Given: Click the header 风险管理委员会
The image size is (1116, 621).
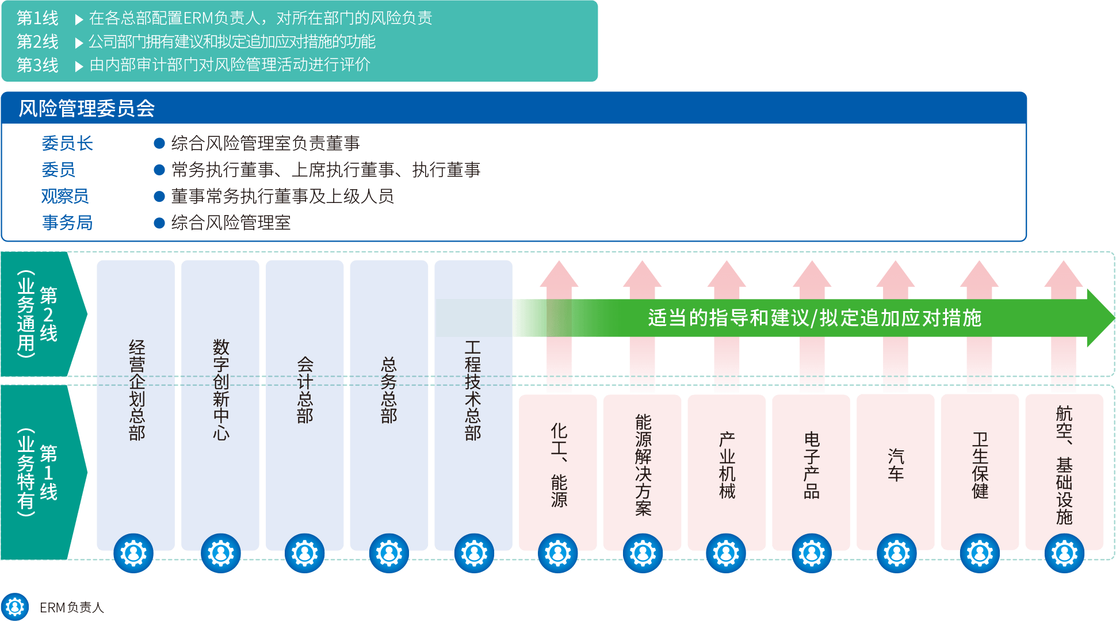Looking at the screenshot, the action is pos(87,108).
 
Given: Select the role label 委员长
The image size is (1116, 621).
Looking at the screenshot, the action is pos(67,143).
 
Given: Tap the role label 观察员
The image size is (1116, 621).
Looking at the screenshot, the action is pos(65,196).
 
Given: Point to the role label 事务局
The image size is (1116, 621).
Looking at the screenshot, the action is pos(67,223).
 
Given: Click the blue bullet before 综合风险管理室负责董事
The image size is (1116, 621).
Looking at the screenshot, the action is pos(159,143).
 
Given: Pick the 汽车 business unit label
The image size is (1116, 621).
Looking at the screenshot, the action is pos(896,465).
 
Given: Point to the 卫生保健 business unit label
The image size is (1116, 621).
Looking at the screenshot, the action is pos(980,465).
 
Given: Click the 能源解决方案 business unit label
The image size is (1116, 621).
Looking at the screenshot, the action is pos(643,465).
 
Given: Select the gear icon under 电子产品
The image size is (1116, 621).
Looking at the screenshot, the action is pos(812,553).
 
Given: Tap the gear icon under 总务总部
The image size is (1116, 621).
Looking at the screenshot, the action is pos(389,553).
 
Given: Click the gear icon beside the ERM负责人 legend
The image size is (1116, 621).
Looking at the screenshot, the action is pos(15,607).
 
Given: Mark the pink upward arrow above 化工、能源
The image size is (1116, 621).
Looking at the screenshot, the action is pos(559,322).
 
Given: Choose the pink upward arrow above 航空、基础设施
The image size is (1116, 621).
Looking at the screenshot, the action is pos(1064,322).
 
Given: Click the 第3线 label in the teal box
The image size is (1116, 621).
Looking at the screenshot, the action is pos(37,65).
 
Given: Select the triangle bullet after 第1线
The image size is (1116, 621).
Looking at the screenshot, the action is pos(79,20).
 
